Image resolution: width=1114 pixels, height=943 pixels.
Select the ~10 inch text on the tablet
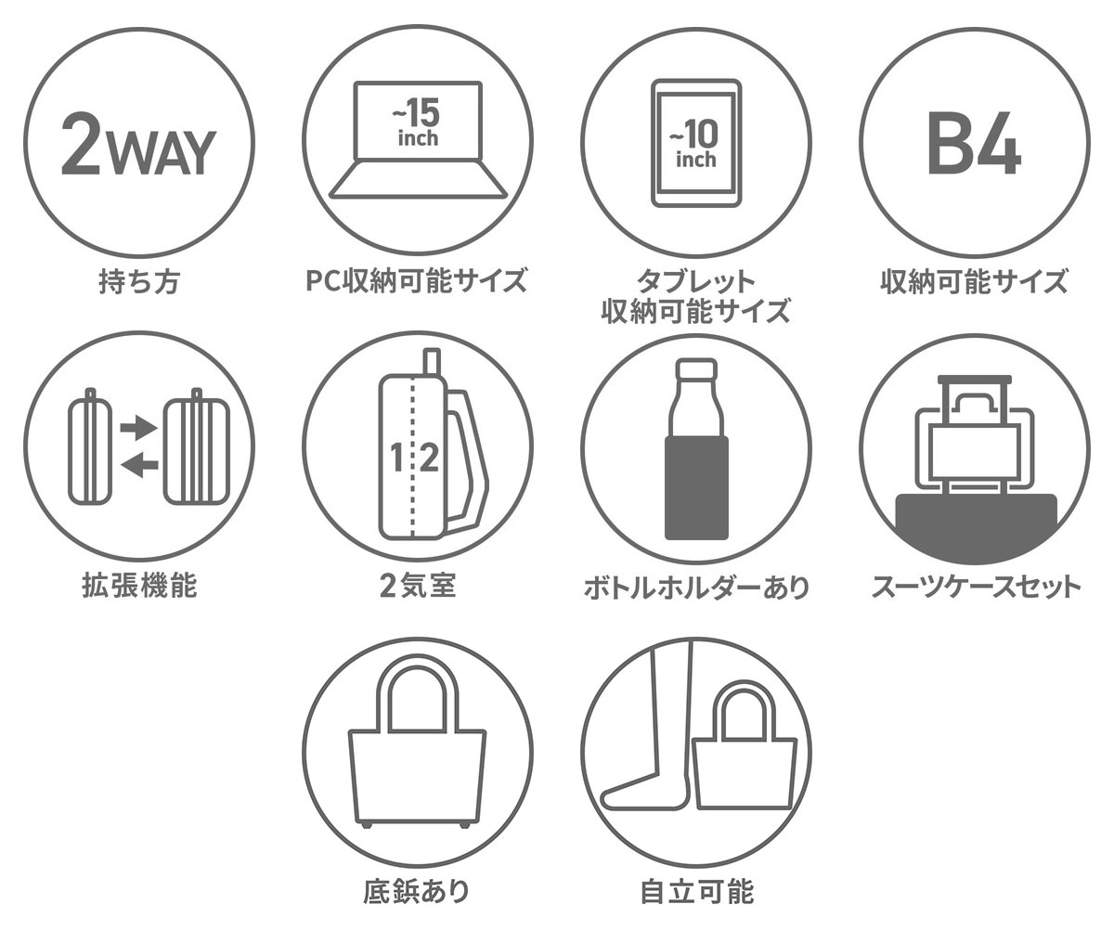click(695, 145)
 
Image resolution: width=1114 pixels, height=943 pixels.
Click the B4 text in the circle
click(975, 147)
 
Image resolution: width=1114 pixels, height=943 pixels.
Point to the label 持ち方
click(138, 281)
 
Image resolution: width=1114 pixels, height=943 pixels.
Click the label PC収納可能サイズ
click(417, 279)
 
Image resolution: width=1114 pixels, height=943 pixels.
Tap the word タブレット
click(695, 281)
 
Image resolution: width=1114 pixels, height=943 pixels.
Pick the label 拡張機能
click(138, 586)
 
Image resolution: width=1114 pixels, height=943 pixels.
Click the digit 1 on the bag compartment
click(397, 458)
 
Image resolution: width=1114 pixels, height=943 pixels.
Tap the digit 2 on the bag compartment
click(428, 458)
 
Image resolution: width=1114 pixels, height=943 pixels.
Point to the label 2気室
click(417, 586)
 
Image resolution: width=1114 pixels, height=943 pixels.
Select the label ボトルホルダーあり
click(695, 588)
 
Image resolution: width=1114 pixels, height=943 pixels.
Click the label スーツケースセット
click(975, 588)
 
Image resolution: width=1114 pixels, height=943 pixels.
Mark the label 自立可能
click(696, 892)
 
